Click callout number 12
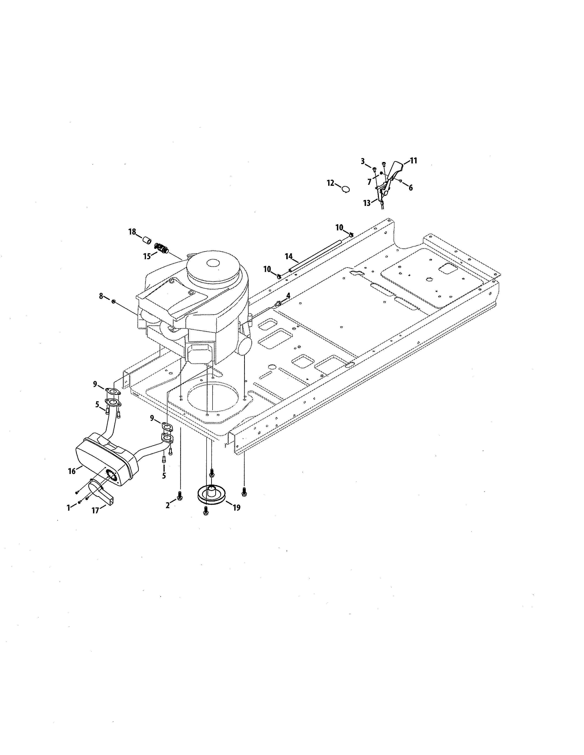[x=331, y=183]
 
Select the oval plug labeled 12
[x=346, y=189]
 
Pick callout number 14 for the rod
[x=289, y=256]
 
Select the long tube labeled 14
[x=318, y=254]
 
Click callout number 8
[x=101, y=296]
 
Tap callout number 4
[x=288, y=296]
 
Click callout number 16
[x=72, y=471]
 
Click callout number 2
[x=168, y=505]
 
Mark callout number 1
[x=68, y=507]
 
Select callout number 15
[x=147, y=256]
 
